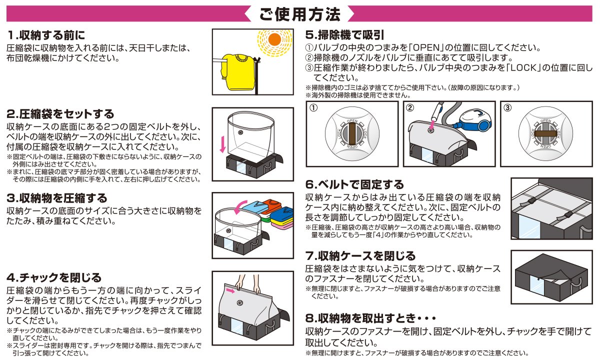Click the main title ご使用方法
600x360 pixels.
click(300, 14)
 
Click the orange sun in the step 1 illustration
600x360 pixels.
click(273, 39)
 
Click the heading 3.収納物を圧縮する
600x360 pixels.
click(57, 198)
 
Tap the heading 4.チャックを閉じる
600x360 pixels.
click(54, 277)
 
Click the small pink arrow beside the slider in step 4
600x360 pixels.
click(230, 289)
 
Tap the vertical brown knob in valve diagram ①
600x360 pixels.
click(352, 135)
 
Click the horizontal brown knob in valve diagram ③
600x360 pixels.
click(545, 134)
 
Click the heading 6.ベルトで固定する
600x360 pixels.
click(354, 184)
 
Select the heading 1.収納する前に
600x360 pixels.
click(46, 35)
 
